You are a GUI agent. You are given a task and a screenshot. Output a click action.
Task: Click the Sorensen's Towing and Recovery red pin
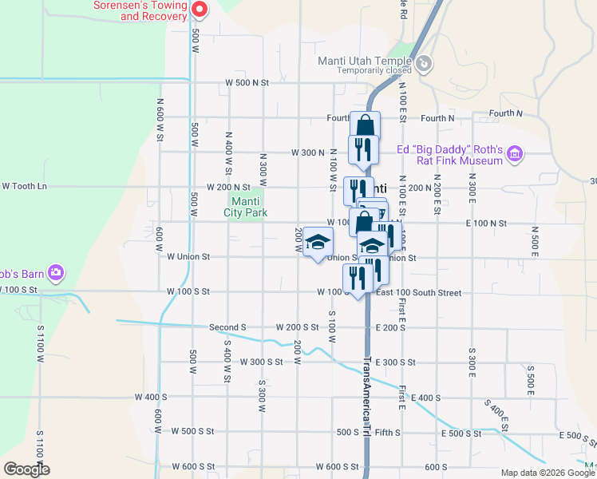click(x=200, y=10)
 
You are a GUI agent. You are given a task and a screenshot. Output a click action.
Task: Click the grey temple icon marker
click(x=425, y=62)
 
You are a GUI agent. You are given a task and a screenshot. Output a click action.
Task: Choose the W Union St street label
click(x=188, y=257)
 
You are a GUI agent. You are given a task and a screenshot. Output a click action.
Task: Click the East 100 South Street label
click(x=418, y=293)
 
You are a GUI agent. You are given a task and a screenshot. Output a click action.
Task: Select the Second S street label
click(x=227, y=327)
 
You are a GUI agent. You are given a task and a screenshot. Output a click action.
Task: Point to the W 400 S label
click(x=151, y=397)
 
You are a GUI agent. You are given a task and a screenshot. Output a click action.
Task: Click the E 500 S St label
click(x=461, y=433)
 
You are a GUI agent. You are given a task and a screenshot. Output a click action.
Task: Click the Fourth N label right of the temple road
click(x=437, y=118)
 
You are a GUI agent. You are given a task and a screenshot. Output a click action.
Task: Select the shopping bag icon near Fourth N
click(x=365, y=125)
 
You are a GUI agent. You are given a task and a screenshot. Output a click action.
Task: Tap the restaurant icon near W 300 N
click(x=363, y=149)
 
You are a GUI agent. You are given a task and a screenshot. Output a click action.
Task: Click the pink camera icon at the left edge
click(x=56, y=273)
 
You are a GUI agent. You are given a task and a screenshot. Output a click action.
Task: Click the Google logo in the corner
click(x=26, y=469)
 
